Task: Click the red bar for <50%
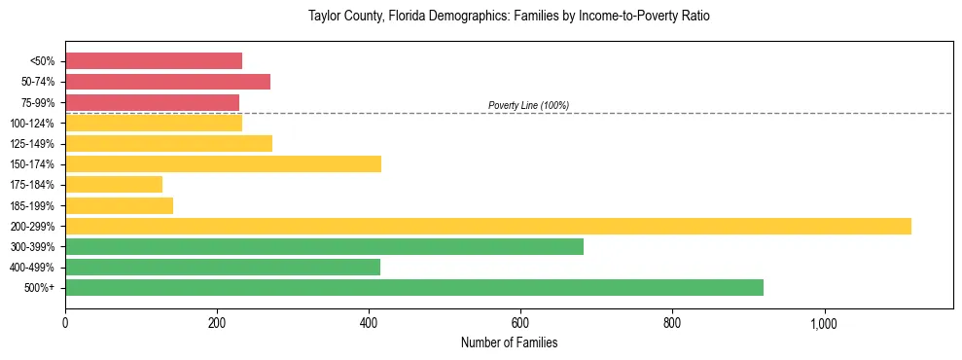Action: click(153, 60)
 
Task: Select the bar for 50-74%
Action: click(167, 82)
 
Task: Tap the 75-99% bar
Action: click(152, 102)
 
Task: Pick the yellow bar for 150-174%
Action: click(223, 163)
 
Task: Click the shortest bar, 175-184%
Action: click(114, 184)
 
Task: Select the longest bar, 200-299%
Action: click(487, 226)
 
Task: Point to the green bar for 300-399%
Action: click(324, 246)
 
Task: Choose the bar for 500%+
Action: click(413, 287)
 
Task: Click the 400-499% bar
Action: click(223, 267)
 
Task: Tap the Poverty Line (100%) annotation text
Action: click(528, 105)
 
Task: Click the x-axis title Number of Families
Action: click(509, 342)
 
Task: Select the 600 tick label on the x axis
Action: click(520, 322)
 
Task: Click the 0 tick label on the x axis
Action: click(65, 322)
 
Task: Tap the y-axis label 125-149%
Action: click(32, 144)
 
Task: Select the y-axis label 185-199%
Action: click(32, 205)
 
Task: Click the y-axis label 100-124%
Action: click(32, 123)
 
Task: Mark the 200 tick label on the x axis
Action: click(217, 322)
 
